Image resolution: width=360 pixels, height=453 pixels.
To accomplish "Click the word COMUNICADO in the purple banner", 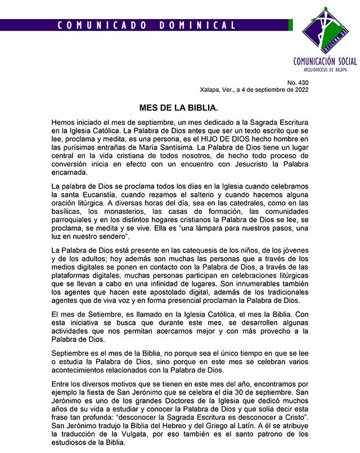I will tap(96, 25).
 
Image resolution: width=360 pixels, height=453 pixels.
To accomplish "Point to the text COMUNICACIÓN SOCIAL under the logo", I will tap(325, 62).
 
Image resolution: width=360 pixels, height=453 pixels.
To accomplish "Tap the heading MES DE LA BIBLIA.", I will tap(179, 106).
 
